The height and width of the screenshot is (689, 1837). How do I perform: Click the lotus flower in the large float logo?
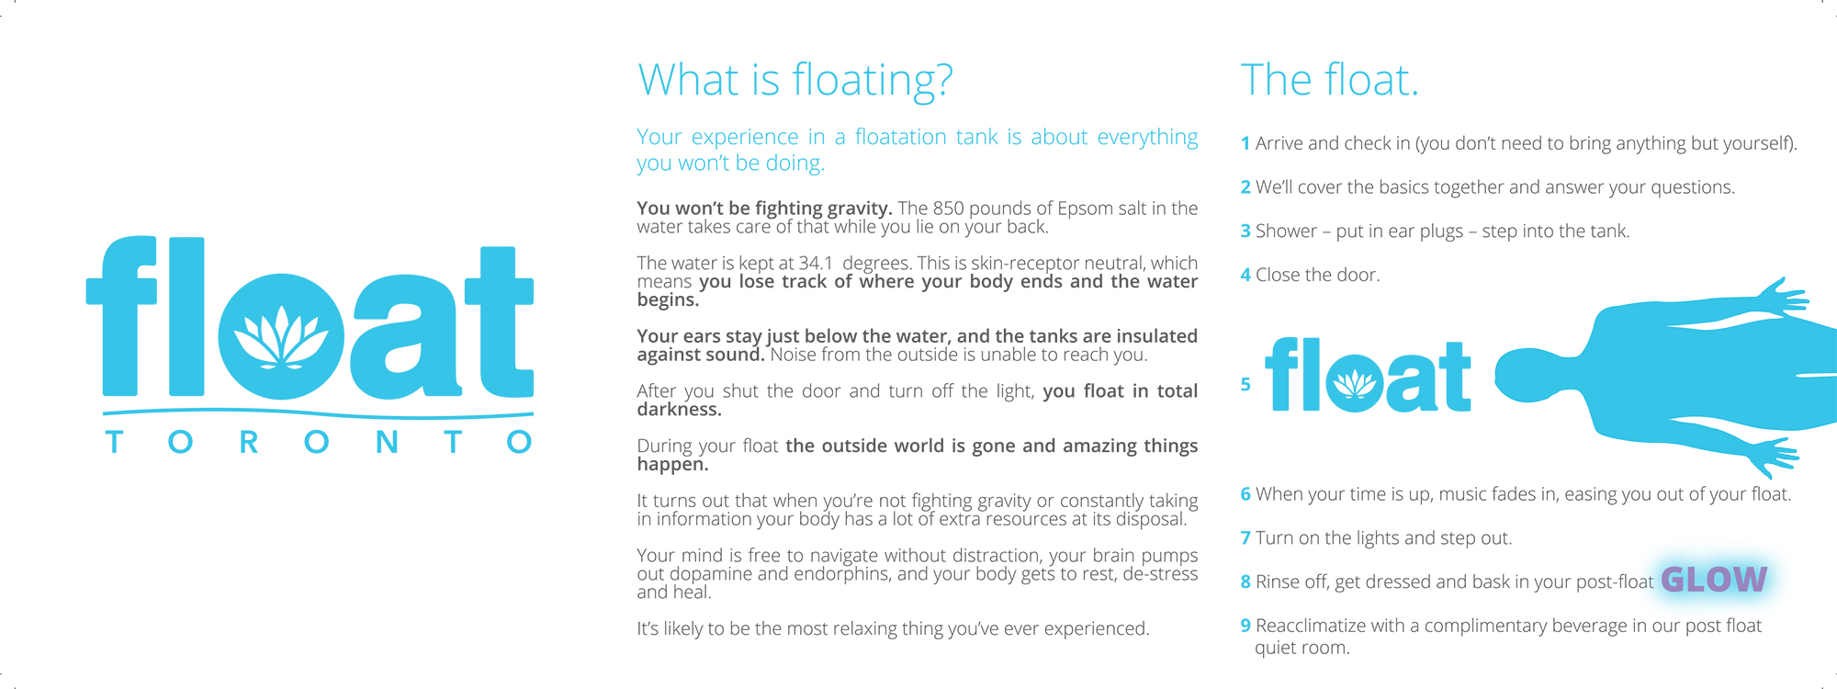point(281,336)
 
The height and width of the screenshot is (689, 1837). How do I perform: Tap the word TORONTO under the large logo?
point(318,442)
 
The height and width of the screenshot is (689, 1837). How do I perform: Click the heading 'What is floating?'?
point(795,81)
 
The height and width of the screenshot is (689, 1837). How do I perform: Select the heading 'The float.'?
point(1329,81)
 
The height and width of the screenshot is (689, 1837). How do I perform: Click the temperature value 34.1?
point(813,264)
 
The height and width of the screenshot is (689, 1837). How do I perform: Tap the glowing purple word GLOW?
point(1714,580)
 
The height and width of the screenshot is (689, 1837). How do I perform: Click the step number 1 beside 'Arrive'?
point(1245,143)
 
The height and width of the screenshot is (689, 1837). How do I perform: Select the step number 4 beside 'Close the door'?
point(1245,276)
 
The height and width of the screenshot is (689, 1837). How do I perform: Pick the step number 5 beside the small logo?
point(1245,385)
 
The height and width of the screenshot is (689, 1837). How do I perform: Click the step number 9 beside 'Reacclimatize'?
point(1245,627)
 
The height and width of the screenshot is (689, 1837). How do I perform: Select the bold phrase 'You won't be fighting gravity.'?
point(764,209)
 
